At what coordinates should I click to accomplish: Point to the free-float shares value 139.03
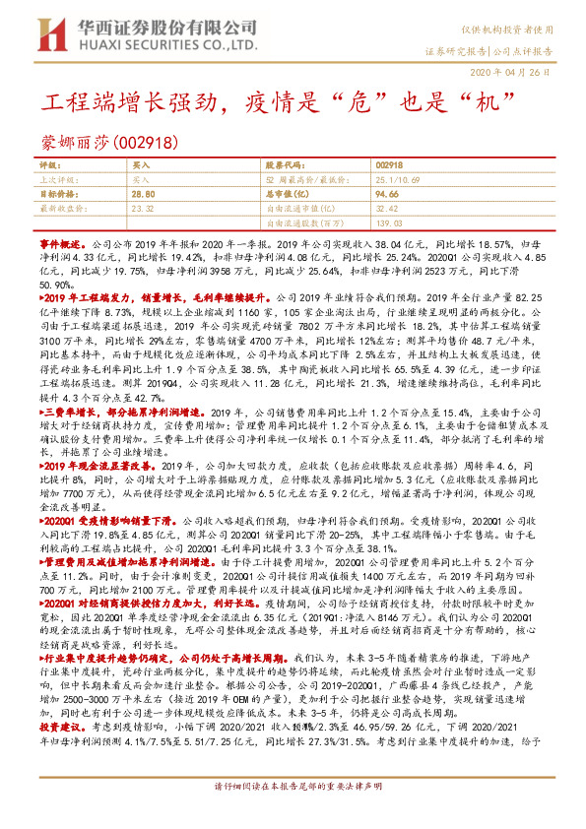(x=389, y=223)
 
